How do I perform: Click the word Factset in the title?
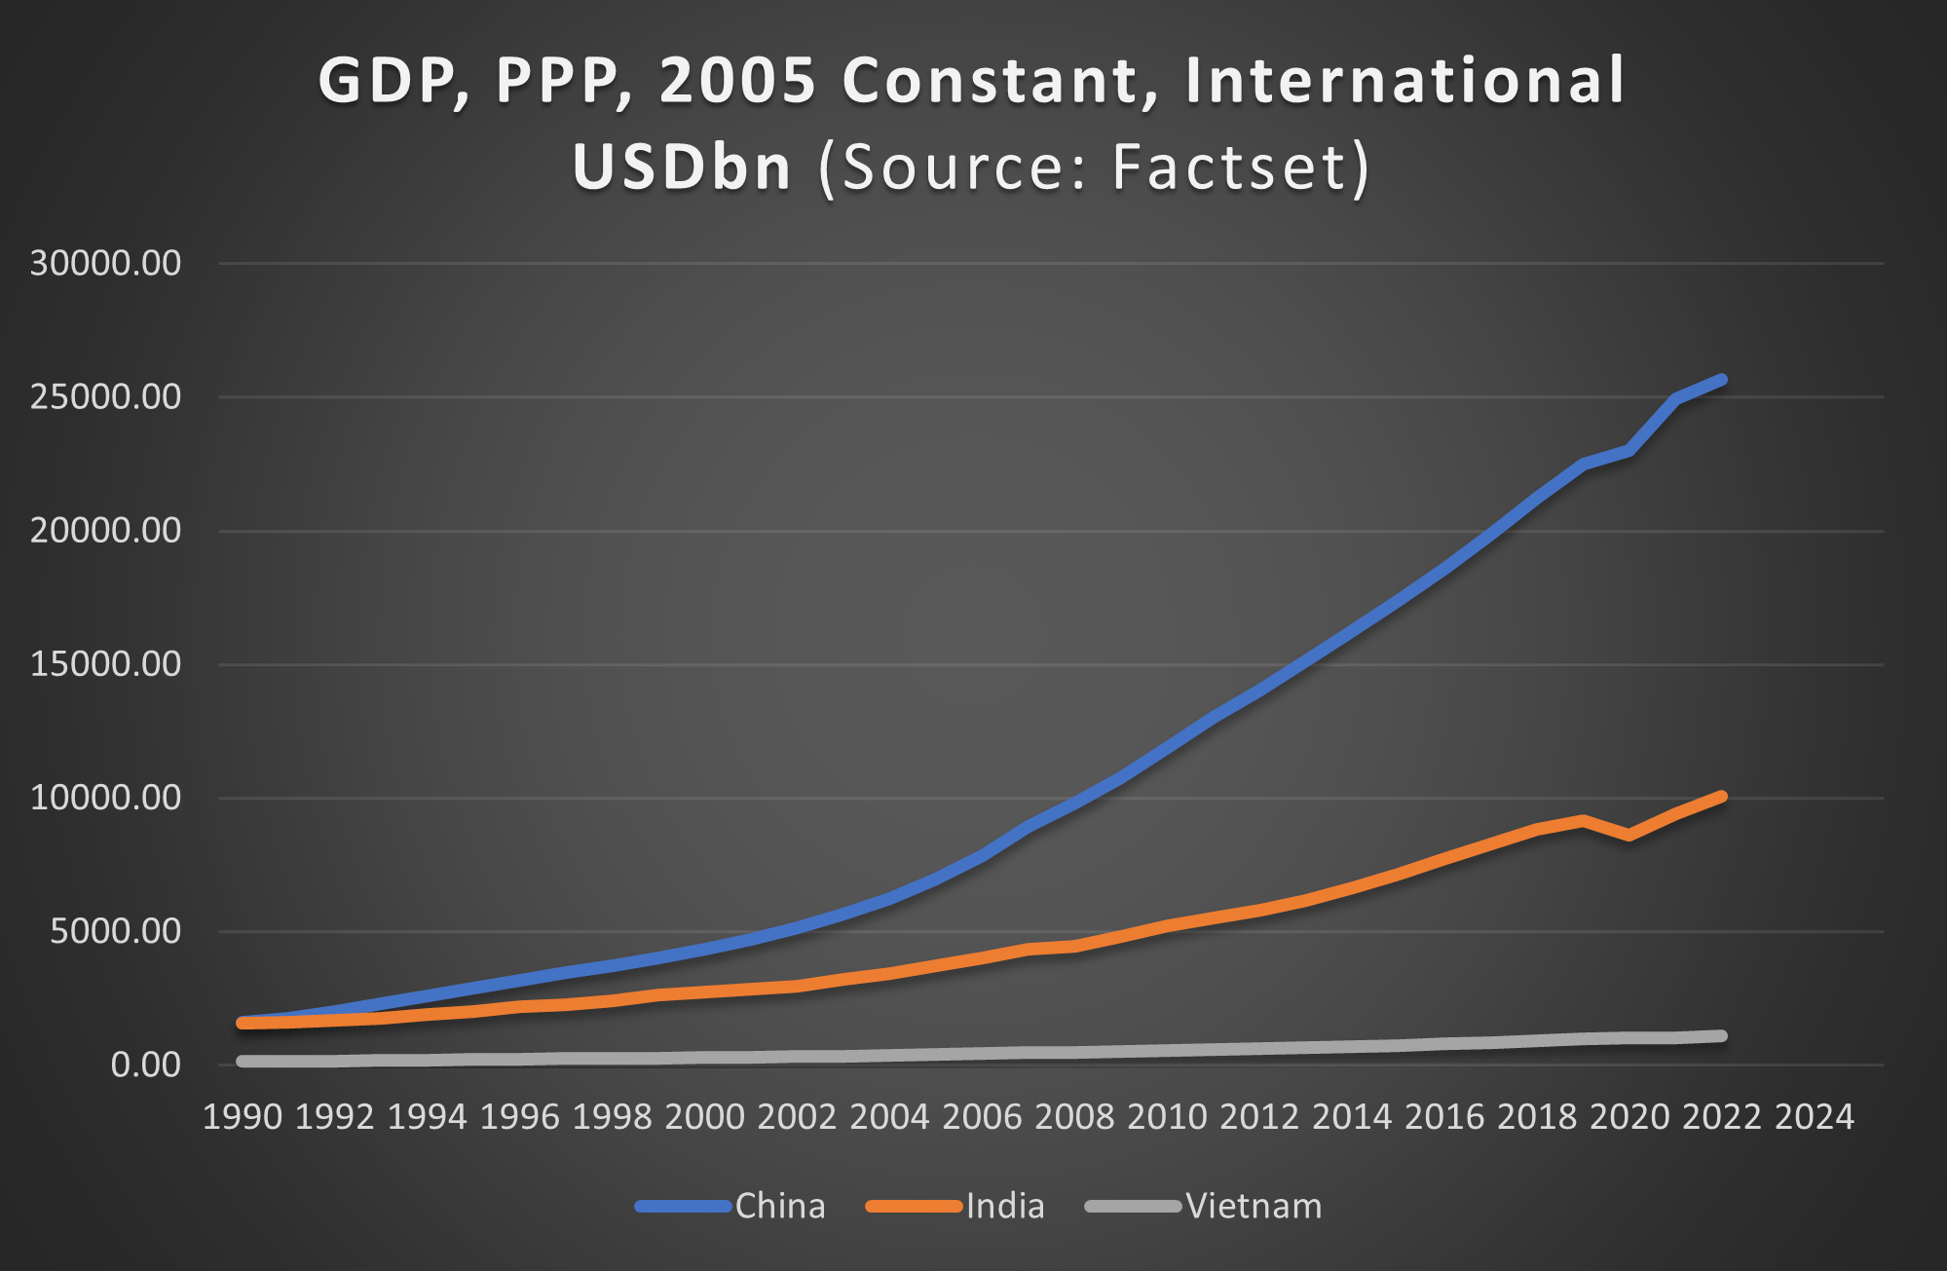(x=1229, y=168)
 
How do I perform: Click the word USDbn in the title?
(x=682, y=168)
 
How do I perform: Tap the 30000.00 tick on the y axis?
(x=105, y=263)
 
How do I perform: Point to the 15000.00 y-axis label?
(x=105, y=664)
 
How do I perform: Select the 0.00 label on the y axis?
(x=145, y=1065)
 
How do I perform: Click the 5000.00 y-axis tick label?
(x=115, y=931)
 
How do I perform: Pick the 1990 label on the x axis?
(x=243, y=1116)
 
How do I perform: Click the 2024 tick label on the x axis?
(x=1814, y=1116)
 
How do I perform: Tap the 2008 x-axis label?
(x=1074, y=1116)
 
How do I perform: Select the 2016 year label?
(x=1444, y=1116)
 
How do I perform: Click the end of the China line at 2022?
(x=1722, y=379)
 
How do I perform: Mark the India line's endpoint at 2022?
(x=1722, y=797)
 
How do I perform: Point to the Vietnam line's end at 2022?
(x=1722, y=1035)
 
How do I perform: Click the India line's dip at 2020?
(x=1629, y=835)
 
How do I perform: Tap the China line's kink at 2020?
(x=1629, y=450)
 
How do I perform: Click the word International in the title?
(x=1405, y=80)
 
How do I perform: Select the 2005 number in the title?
(x=737, y=80)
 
